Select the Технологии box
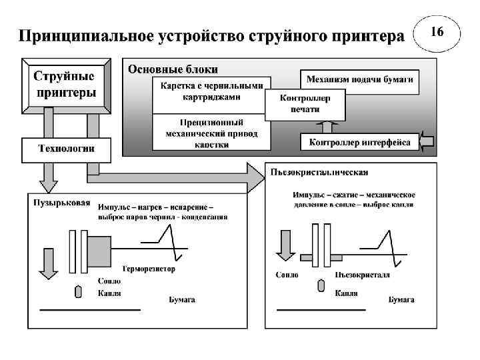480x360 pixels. pyautogui.click(x=65, y=149)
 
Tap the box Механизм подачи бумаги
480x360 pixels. pyautogui.click(x=359, y=80)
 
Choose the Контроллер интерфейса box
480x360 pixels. pyautogui.click(x=361, y=142)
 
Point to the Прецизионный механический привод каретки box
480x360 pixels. pyautogui.click(x=211, y=133)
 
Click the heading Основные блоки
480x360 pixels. pyautogui.click(x=173, y=69)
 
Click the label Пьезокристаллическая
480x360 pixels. pyautogui.click(x=319, y=173)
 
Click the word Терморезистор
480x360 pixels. pyautogui.click(x=148, y=269)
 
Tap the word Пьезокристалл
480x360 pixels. pyautogui.click(x=363, y=275)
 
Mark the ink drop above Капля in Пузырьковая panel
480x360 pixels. pyautogui.click(x=77, y=292)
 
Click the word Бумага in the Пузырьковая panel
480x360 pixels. pyautogui.click(x=181, y=300)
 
